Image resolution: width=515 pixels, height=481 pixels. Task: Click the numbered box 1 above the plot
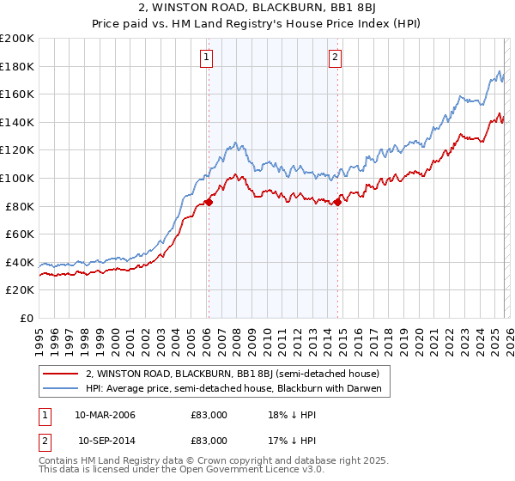(208, 58)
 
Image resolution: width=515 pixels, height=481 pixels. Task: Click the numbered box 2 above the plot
(335, 58)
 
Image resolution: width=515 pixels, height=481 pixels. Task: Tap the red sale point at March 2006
(209, 203)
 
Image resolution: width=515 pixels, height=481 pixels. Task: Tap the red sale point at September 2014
(337, 203)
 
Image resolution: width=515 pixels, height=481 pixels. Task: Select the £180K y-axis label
(17, 66)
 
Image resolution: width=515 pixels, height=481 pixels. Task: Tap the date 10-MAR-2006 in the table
(105, 415)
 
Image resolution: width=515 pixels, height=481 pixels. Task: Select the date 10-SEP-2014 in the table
(105, 440)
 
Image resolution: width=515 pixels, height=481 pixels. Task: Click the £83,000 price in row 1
(209, 415)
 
